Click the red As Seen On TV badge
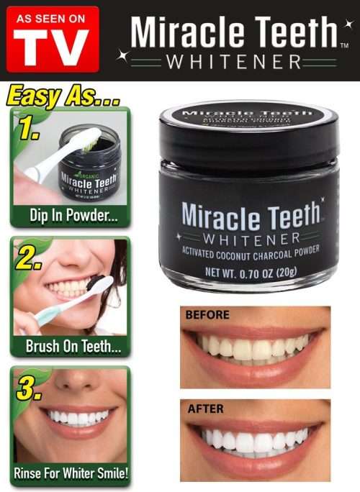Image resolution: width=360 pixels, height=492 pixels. [x=53, y=39]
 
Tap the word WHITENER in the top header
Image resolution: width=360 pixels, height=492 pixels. [x=233, y=63]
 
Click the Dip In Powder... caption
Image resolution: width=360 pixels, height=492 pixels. [x=69, y=215]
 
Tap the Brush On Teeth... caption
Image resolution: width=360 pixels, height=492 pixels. [x=69, y=346]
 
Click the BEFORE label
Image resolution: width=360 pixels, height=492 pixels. [x=207, y=314]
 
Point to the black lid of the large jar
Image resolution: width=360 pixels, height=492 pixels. [x=248, y=134]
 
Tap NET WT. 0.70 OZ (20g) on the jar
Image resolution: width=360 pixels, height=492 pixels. [x=248, y=272]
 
